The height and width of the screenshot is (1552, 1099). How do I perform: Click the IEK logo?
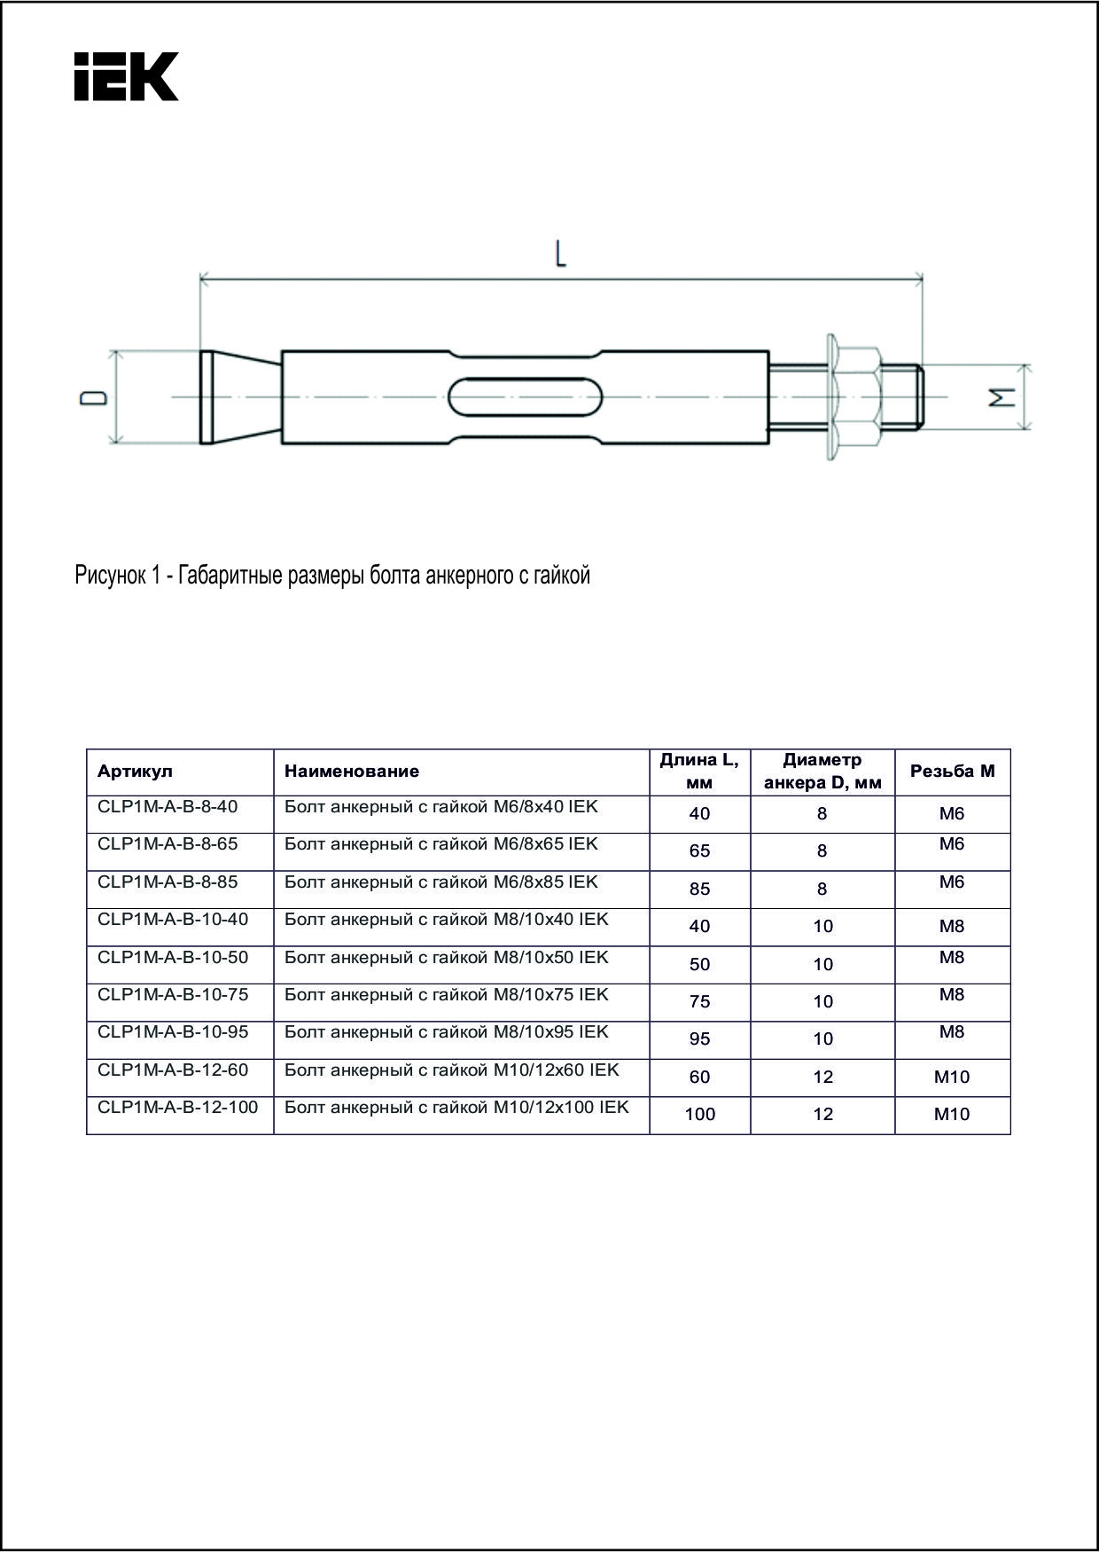click(126, 76)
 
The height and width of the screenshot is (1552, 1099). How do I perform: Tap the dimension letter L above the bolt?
click(560, 255)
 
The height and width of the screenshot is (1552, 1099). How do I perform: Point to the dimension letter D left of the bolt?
click(93, 398)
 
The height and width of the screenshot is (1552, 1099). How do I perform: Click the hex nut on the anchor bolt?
click(856, 396)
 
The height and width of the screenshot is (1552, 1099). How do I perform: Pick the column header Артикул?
click(135, 772)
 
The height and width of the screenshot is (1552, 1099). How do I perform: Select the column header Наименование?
click(352, 772)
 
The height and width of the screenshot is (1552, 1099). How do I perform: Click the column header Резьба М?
click(952, 772)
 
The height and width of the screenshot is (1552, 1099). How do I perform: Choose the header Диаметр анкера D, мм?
click(822, 772)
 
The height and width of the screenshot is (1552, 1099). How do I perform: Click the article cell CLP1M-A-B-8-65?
click(168, 844)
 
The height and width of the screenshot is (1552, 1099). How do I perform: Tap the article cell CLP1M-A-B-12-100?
click(178, 1108)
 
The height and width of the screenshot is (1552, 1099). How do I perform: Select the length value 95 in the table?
click(699, 1039)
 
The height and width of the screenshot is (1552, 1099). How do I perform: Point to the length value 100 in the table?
click(699, 1115)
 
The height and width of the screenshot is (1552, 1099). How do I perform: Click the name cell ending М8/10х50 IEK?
click(446, 958)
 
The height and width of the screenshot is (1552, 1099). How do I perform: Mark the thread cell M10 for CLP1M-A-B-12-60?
click(952, 1078)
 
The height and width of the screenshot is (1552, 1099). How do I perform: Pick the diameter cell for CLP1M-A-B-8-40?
click(822, 814)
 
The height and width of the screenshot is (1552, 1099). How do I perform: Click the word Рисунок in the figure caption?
click(106, 576)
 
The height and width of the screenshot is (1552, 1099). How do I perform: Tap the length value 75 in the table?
click(699, 1002)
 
